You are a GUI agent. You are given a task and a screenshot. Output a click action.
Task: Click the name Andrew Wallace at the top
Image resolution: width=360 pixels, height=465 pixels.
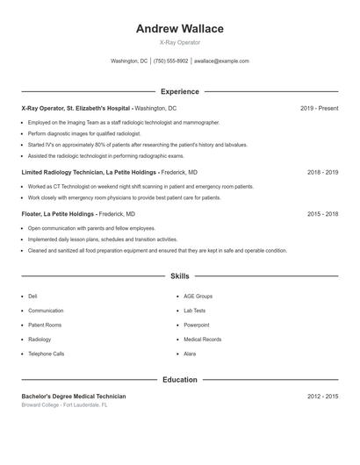(179, 28)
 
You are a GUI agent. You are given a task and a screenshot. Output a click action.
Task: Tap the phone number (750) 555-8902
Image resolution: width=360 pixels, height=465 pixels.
(170, 61)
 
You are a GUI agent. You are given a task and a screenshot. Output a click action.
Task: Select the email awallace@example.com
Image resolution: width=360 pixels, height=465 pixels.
(221, 61)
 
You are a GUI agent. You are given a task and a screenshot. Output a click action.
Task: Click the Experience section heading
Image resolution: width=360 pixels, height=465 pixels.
(179, 91)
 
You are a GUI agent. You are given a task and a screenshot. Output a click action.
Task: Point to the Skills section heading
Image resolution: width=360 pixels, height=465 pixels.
(179, 276)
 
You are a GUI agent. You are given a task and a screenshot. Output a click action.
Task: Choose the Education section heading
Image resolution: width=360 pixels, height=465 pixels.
(179, 380)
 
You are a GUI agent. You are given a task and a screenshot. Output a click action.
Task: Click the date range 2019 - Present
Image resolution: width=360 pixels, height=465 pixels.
(319, 108)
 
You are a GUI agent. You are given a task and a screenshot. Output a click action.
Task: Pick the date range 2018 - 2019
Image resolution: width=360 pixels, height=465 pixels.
(322, 173)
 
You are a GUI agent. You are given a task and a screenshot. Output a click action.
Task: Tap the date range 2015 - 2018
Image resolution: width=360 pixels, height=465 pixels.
(322, 213)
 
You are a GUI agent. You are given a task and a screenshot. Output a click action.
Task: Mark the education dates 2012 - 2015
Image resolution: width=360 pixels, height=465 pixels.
(322, 397)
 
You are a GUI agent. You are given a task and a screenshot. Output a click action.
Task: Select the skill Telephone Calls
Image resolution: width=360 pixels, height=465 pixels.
(46, 354)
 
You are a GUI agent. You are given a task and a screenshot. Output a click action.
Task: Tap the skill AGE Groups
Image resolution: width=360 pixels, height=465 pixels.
(198, 297)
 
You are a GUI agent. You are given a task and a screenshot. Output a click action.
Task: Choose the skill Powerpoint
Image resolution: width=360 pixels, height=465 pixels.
(197, 325)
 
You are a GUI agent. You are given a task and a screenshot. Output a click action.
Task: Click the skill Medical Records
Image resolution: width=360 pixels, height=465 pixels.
(202, 340)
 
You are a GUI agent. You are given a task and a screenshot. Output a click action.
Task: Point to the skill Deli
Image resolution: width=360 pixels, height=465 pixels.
(32, 297)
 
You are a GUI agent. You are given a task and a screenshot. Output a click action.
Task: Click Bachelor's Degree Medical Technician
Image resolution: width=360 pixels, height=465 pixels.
(74, 397)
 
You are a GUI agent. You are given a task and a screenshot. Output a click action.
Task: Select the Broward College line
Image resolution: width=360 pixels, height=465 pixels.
(64, 405)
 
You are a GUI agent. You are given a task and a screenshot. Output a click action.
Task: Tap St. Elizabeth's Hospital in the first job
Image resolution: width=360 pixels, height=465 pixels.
(99, 108)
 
